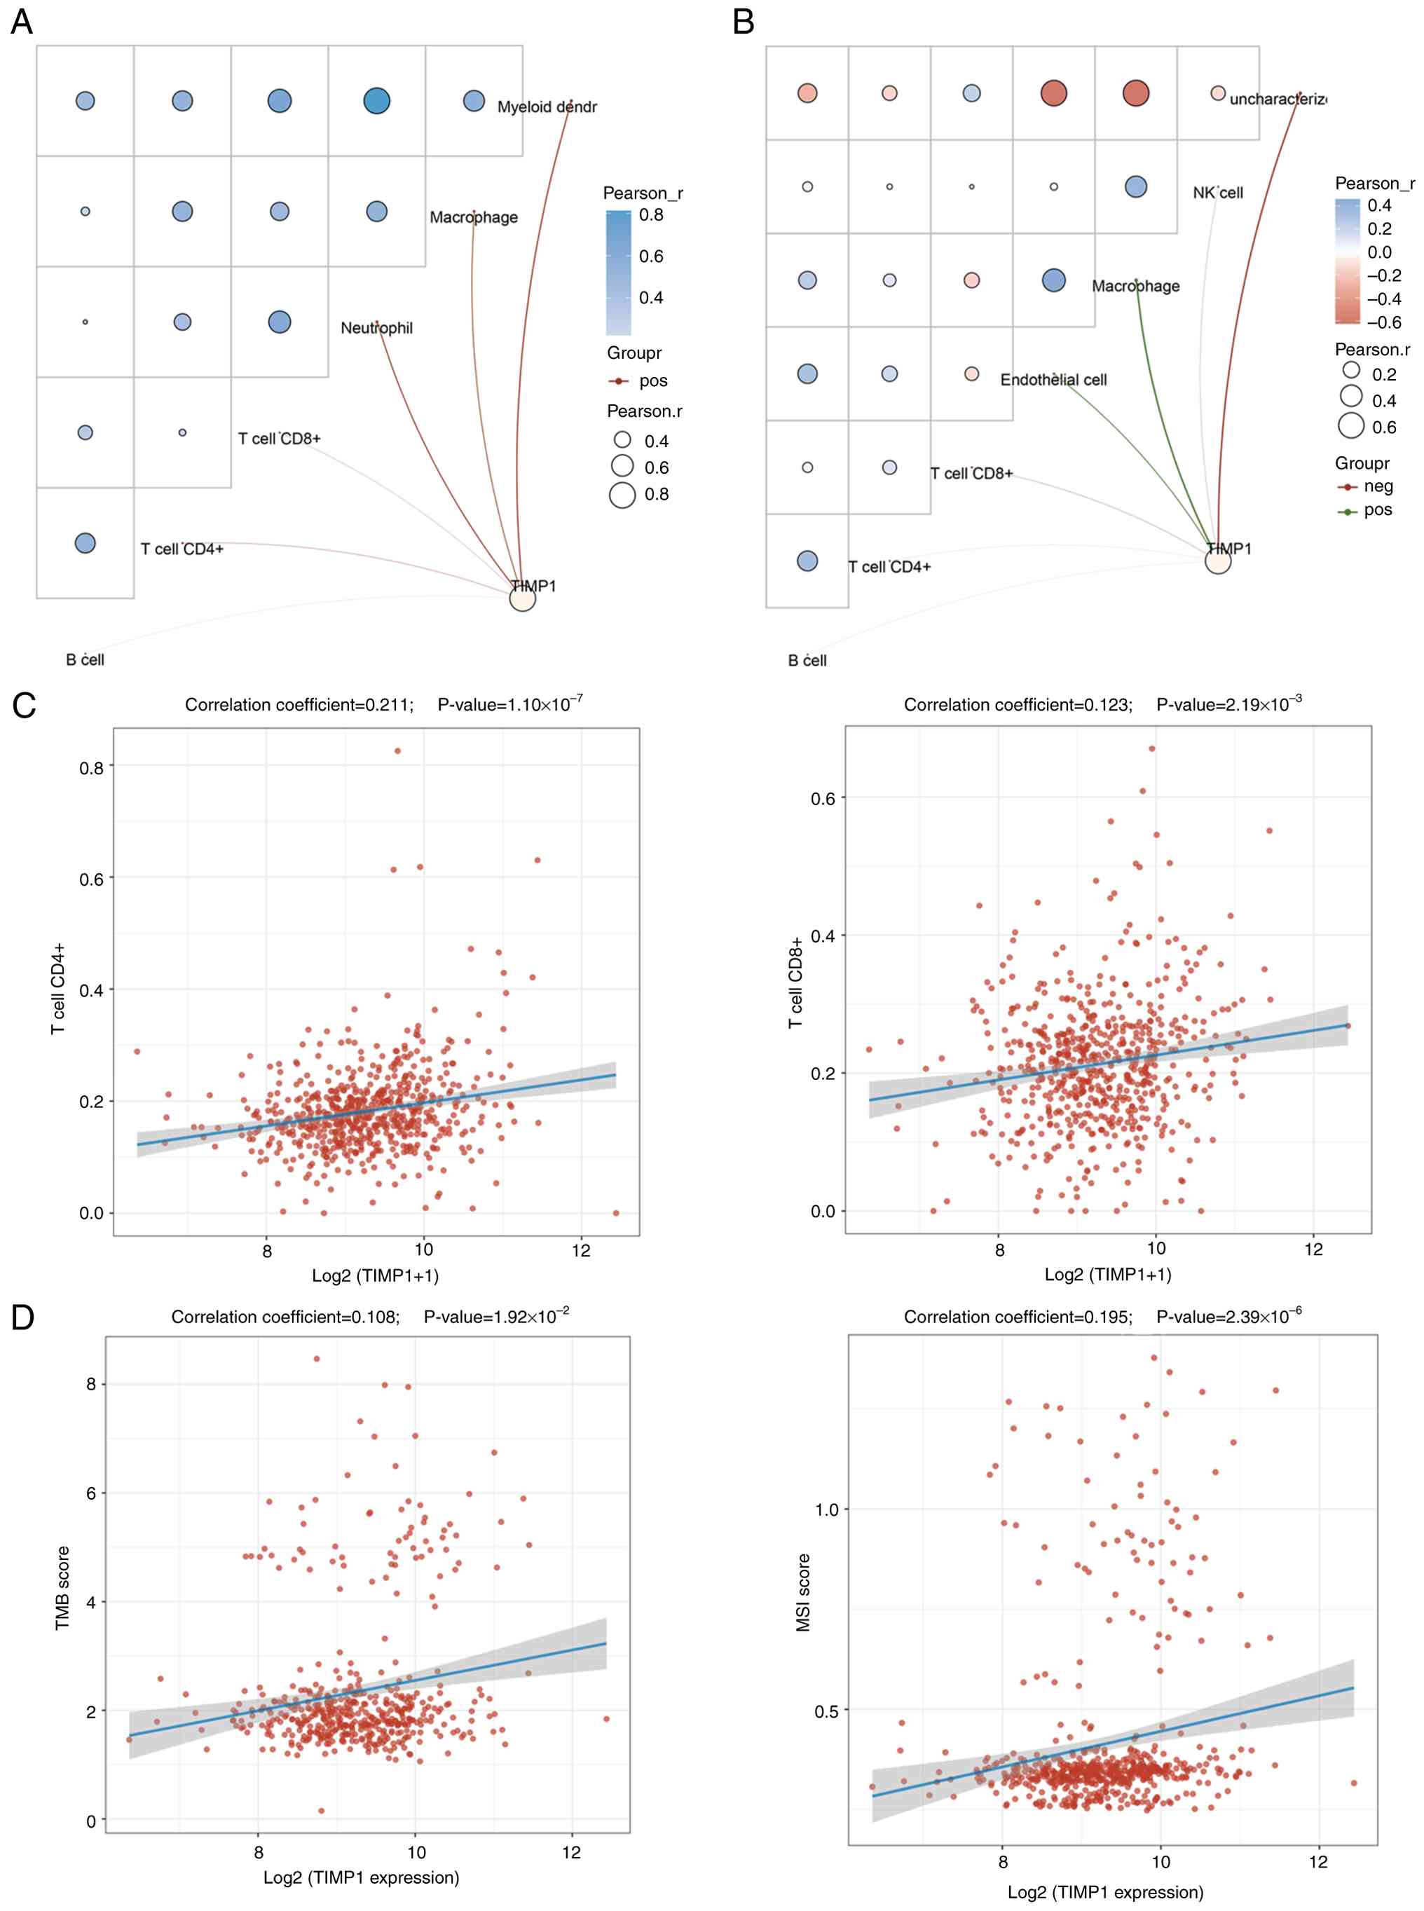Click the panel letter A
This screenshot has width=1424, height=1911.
click(22, 21)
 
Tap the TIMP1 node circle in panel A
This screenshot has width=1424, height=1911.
click(522, 597)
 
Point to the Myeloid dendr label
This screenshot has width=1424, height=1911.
click(547, 107)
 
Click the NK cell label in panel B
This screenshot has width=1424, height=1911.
click(1217, 193)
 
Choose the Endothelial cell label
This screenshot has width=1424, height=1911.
click(1053, 380)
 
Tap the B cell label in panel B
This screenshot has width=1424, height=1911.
click(807, 661)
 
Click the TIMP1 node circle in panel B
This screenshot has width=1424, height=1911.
click(1217, 561)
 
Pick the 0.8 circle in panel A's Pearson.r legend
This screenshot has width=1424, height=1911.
click(622, 495)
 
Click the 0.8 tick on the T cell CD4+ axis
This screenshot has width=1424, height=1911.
click(91, 767)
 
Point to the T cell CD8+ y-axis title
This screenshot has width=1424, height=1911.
click(795, 982)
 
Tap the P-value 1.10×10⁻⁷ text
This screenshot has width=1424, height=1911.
click(510, 704)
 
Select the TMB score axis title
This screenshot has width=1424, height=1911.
click(62, 1588)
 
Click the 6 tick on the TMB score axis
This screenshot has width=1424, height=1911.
click(91, 1493)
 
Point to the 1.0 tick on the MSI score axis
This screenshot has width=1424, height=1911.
click(826, 1509)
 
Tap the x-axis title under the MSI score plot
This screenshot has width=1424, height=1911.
click(1105, 1892)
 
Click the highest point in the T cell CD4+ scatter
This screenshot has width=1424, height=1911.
click(397, 751)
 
